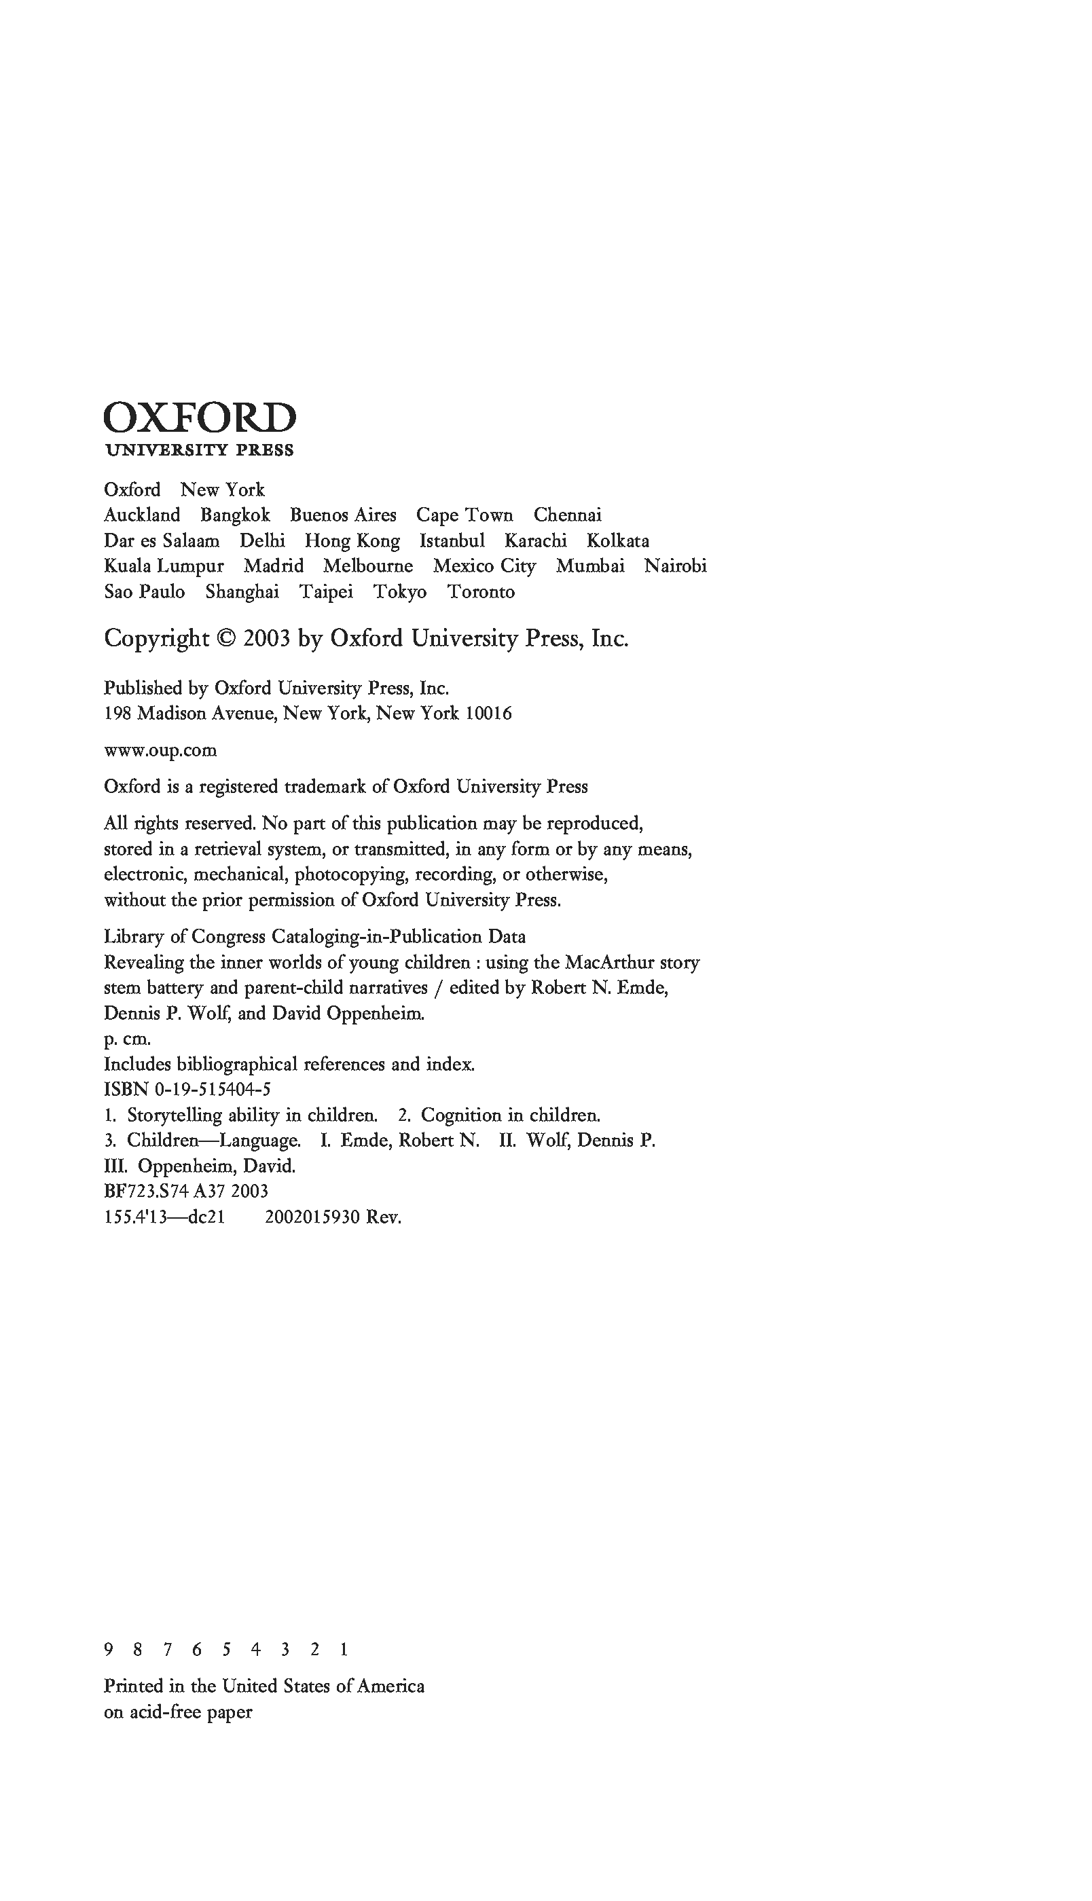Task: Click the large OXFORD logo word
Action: click(x=200, y=418)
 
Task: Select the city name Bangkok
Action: click(x=235, y=515)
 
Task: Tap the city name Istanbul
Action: click(x=452, y=540)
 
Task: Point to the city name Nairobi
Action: click(x=675, y=566)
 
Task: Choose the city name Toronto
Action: click(x=481, y=591)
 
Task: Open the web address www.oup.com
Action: click(x=160, y=750)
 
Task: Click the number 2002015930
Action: click(x=312, y=1217)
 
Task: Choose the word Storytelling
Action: click(x=174, y=1115)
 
